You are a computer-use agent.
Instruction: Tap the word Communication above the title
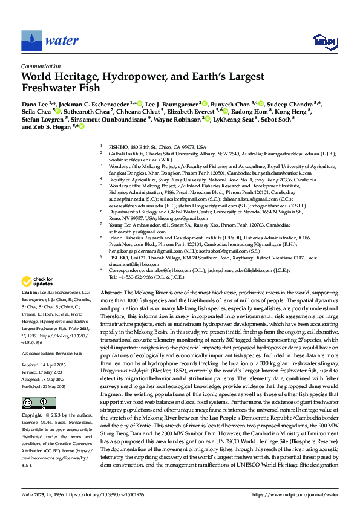(x=41, y=67)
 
